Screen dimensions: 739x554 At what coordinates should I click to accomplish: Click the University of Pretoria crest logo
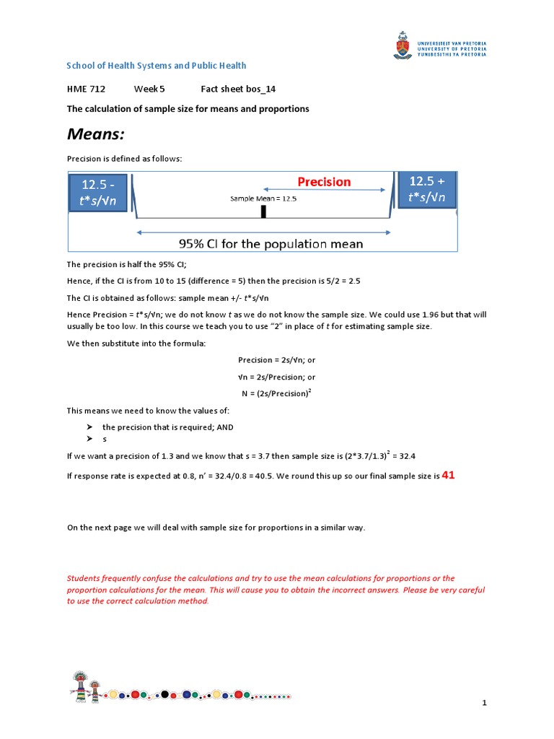click(401, 45)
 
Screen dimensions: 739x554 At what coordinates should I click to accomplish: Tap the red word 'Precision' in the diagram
click(325, 182)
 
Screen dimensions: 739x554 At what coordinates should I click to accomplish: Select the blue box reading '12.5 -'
click(99, 192)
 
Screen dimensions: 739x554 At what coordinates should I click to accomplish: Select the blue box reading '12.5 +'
click(427, 189)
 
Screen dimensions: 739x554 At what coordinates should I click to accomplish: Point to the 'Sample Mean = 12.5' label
click(263, 198)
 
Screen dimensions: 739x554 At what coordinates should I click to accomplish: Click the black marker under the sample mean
click(263, 211)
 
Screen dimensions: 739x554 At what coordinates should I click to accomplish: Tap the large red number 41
click(449, 476)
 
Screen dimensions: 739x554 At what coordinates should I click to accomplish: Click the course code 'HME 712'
click(86, 89)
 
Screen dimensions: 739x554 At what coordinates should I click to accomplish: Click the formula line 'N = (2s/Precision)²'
click(277, 393)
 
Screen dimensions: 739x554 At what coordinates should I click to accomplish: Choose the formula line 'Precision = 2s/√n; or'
click(277, 359)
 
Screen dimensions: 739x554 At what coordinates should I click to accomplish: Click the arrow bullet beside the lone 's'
click(89, 439)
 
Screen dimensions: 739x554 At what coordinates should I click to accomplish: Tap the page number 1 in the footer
click(485, 703)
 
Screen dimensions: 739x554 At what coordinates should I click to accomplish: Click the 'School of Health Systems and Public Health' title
click(157, 66)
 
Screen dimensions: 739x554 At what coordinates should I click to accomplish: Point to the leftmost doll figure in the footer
click(80, 685)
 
